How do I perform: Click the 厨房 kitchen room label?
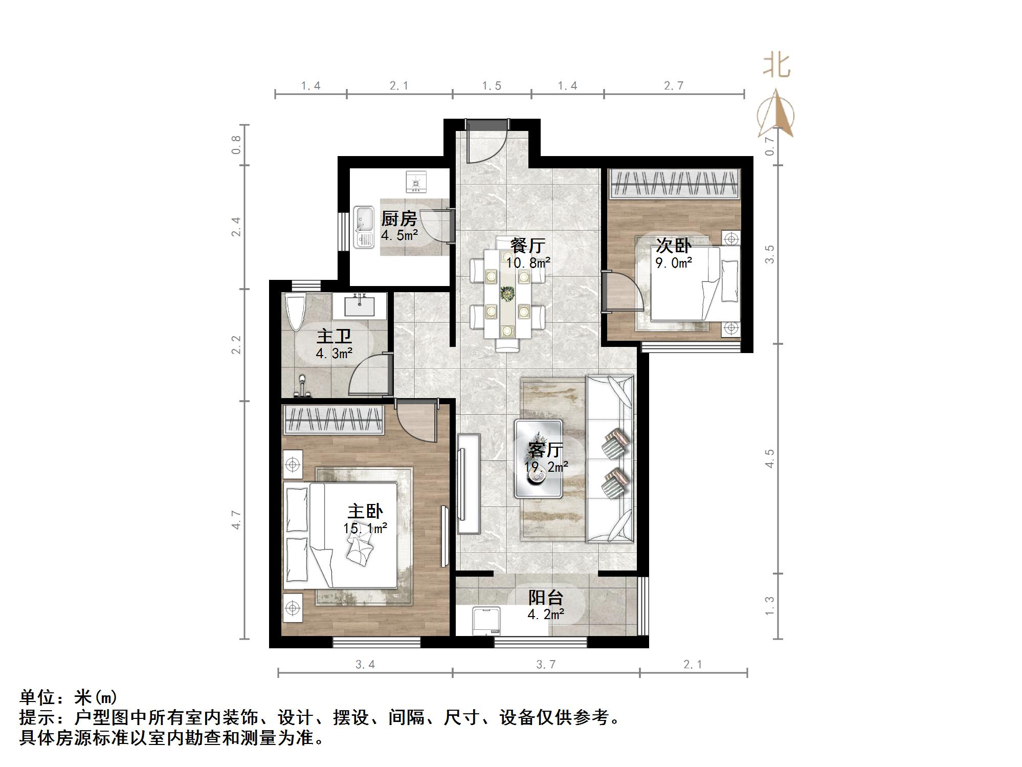click(x=399, y=218)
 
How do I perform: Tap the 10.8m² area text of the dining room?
click(x=528, y=263)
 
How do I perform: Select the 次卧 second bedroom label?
click(x=674, y=246)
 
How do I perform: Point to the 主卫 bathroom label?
click(x=334, y=337)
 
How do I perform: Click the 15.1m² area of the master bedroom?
click(x=365, y=528)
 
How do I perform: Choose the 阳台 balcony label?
click(x=546, y=597)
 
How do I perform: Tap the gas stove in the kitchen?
click(x=416, y=182)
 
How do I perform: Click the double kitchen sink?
click(x=364, y=227)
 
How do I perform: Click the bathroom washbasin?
click(x=360, y=305)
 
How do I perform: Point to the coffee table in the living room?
click(x=539, y=458)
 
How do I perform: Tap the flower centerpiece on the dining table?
click(x=507, y=294)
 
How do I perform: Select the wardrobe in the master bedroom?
click(x=334, y=420)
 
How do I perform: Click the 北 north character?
click(x=776, y=67)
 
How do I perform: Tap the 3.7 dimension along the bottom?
click(x=546, y=664)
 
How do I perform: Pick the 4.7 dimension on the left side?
click(x=236, y=519)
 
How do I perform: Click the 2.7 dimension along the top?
click(x=674, y=85)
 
